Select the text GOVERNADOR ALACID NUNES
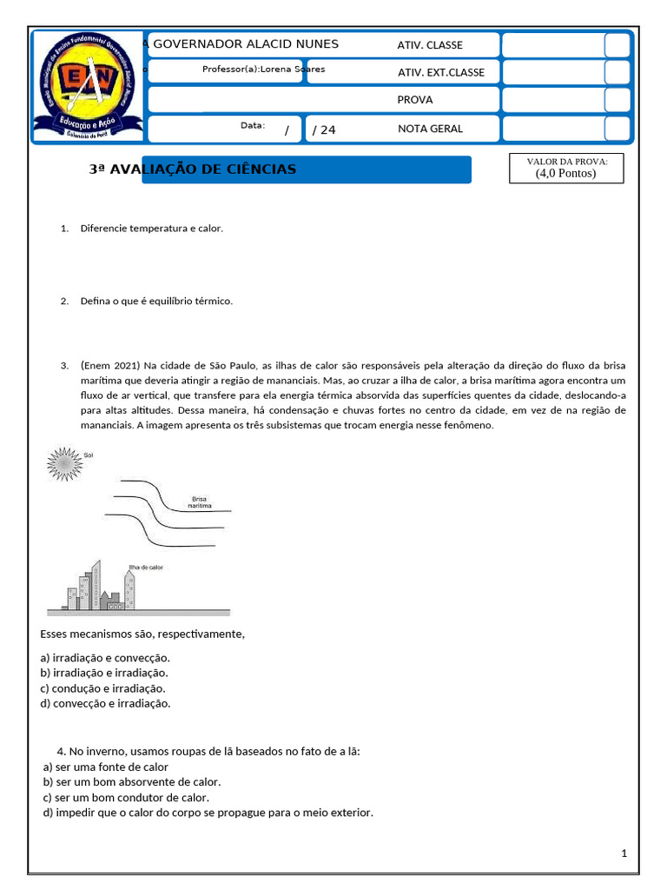coord(246,44)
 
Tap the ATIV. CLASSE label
coord(430,45)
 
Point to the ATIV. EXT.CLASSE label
coord(441,73)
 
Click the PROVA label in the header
coord(415,100)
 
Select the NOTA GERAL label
coord(430,129)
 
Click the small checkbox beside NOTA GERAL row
coord(617,129)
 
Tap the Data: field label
coord(253,126)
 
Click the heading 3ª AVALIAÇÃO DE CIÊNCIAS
coord(193,169)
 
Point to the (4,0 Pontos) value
coord(566,174)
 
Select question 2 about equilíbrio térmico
coord(156,301)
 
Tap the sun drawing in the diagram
coord(63,463)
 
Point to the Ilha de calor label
coord(145,567)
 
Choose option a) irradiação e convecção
coord(105,658)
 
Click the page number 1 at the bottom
coord(624,853)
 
